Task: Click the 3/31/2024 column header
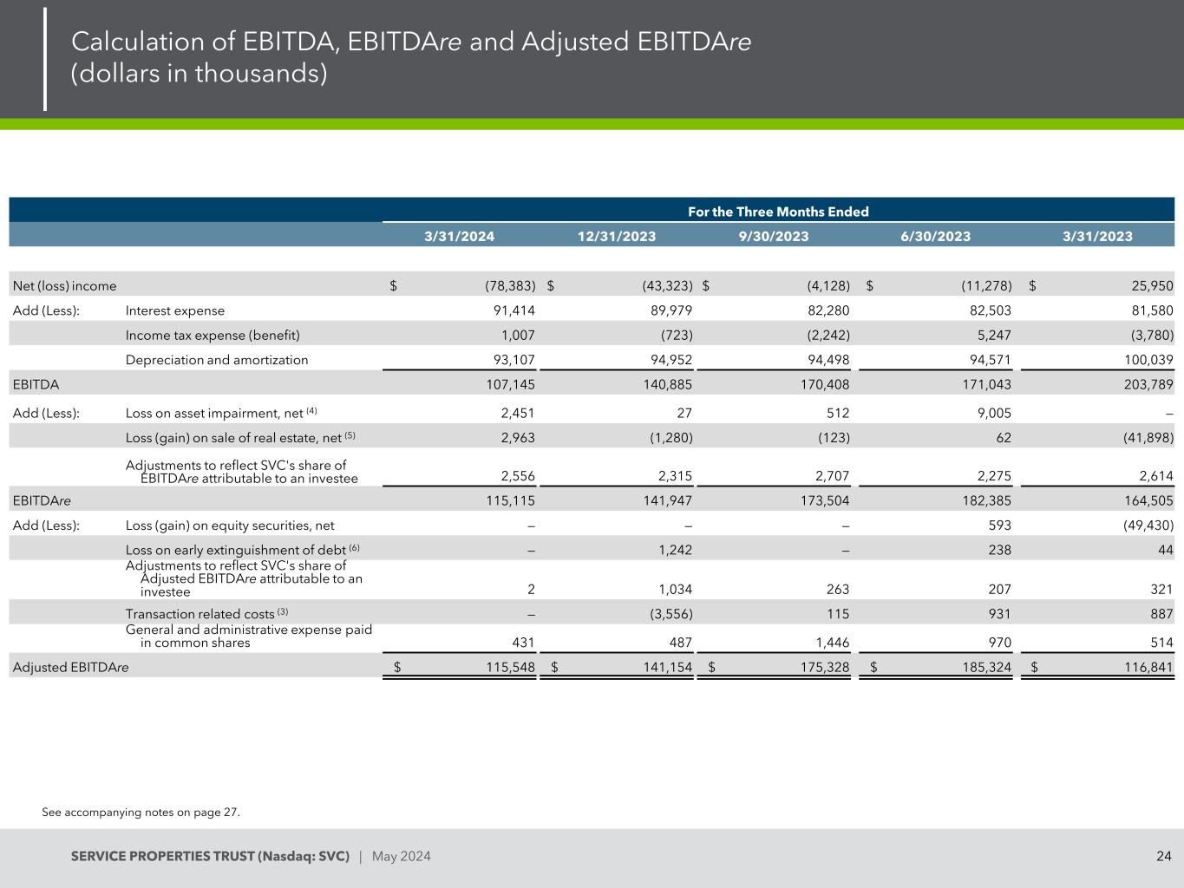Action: pyautogui.click(x=459, y=236)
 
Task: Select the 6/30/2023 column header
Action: pyautogui.click(x=935, y=236)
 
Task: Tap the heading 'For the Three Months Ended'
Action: pyautogui.click(x=778, y=212)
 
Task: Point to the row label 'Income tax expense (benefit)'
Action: pyautogui.click(x=213, y=335)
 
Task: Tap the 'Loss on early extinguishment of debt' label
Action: pyautogui.click(x=236, y=550)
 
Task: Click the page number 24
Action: pyautogui.click(x=1163, y=857)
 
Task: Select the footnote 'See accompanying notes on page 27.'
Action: pyautogui.click(x=141, y=813)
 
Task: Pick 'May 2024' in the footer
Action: pyautogui.click(x=401, y=857)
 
